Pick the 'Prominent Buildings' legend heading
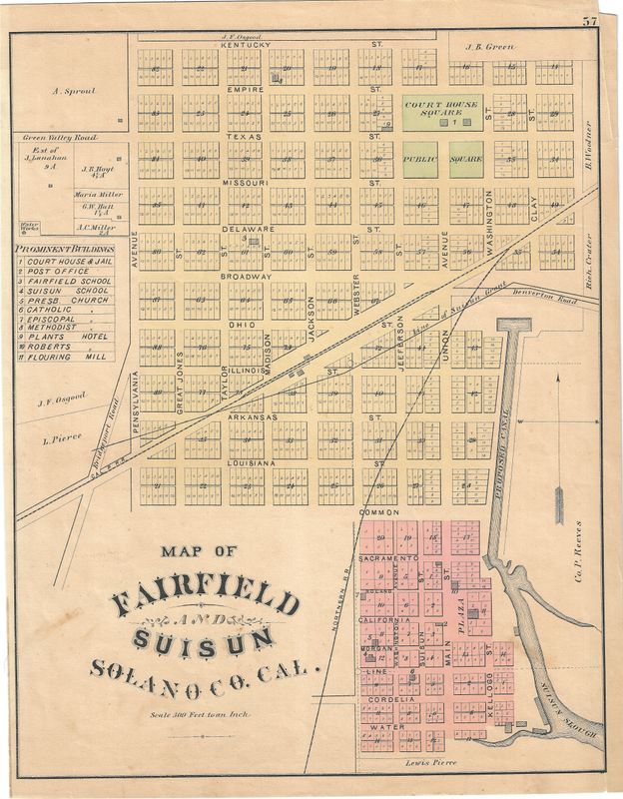(65, 248)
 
